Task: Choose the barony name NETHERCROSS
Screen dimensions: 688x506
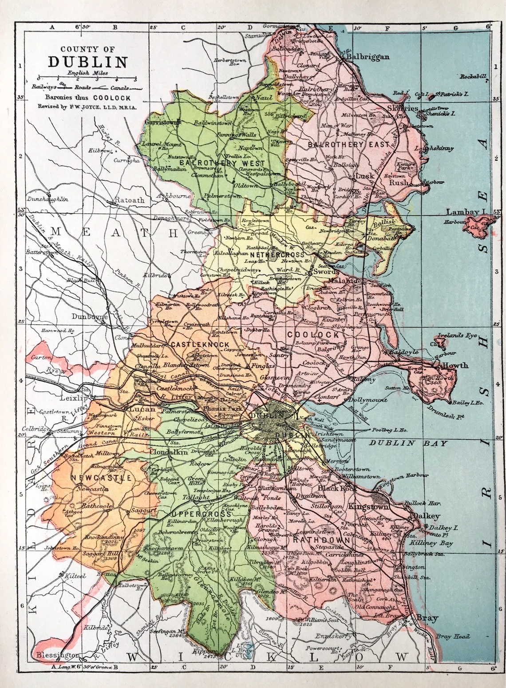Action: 277,255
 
